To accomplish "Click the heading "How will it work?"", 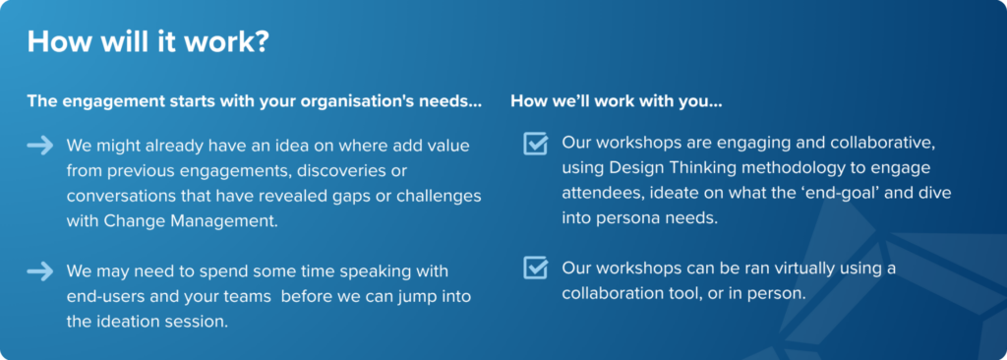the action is click(x=148, y=41).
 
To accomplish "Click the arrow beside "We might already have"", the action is click(x=39, y=146).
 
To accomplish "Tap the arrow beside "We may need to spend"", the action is click(x=39, y=271).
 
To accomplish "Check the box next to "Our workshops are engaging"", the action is click(x=536, y=144).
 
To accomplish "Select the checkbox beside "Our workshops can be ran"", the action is click(x=536, y=269).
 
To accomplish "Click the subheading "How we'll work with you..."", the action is click(x=617, y=101).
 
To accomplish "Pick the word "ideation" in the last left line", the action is click(x=120, y=321).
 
